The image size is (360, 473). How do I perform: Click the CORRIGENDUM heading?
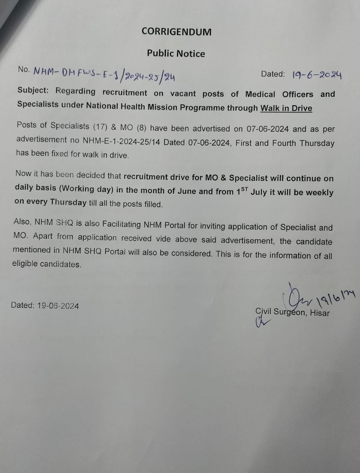click(x=176, y=32)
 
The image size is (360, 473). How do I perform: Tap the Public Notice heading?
click(x=176, y=54)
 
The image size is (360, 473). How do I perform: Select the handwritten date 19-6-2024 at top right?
click(x=317, y=75)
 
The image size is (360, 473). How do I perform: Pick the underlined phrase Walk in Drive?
click(x=286, y=108)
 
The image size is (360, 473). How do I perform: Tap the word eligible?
click(x=25, y=264)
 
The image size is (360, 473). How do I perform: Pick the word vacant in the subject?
click(x=183, y=93)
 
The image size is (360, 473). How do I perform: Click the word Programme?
click(x=202, y=107)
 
